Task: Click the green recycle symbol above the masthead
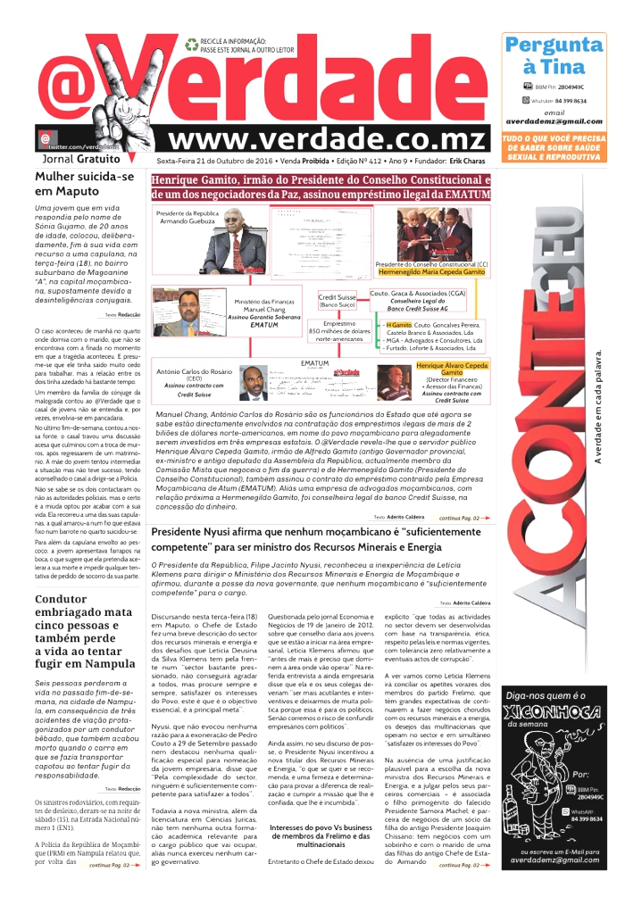[191, 43]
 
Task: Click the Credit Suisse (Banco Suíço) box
[340, 300]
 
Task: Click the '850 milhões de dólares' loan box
[339, 331]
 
